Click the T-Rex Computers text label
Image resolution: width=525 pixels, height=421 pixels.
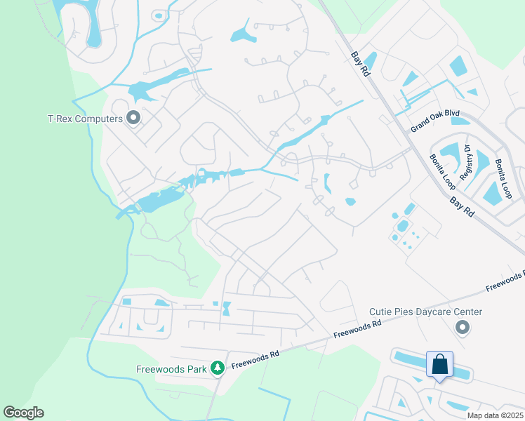[x=85, y=119]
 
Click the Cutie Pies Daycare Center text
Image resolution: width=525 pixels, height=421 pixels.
[x=426, y=312]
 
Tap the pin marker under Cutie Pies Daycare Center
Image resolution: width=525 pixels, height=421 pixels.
[x=462, y=327]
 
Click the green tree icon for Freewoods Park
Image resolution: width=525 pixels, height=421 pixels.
[x=218, y=368]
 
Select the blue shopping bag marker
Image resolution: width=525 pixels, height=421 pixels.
[x=439, y=365]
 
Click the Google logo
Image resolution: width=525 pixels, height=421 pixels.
[x=23, y=413]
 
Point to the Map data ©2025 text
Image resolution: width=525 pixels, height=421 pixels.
[x=494, y=415]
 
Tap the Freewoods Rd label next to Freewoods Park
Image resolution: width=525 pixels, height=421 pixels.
[x=255, y=359]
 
